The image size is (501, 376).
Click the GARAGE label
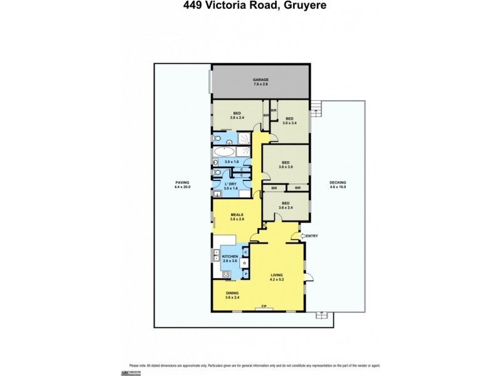pos(261,83)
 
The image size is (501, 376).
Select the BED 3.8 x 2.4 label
pos(237,115)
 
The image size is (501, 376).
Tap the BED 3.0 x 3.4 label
pos(289,121)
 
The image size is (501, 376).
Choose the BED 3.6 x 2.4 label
pos(286,206)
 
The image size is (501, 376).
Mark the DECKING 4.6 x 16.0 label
pos(338,185)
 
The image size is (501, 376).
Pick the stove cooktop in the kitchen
pos(226,273)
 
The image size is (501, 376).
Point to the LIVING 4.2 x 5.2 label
pos(277,276)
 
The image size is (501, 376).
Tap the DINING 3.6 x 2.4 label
pos(233,295)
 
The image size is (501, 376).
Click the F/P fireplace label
pos(264,306)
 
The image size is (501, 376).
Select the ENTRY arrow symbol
pos(301,236)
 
